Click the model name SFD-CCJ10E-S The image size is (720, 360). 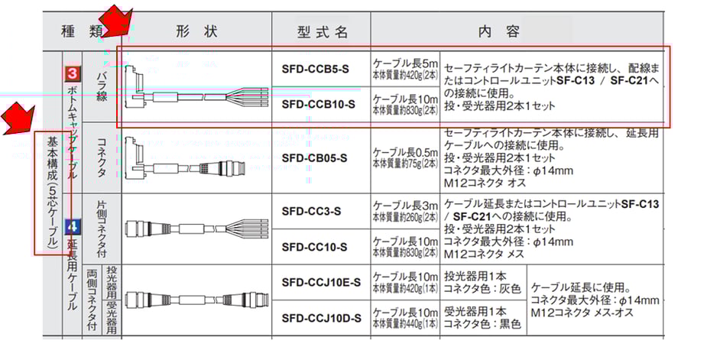321,282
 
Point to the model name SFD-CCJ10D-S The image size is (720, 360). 321,318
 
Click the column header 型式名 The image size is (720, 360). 322,32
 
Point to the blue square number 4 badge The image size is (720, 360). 73,227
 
